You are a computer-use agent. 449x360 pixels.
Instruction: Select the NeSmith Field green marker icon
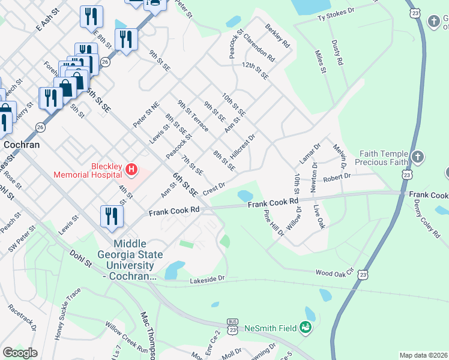point(306,328)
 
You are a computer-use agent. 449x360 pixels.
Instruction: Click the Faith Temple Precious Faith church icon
point(418,158)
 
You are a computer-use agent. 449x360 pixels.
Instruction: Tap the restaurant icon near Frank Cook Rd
point(110,217)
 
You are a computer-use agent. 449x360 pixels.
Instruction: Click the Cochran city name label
point(22,145)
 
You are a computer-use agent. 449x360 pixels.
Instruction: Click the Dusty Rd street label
point(337,53)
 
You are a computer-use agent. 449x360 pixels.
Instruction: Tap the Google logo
point(20,353)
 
